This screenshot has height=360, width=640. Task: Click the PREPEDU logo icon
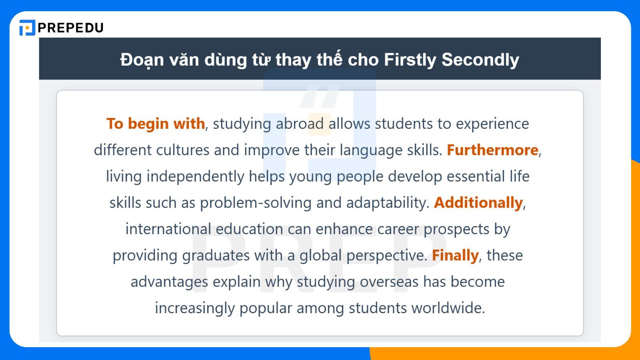(x=27, y=28)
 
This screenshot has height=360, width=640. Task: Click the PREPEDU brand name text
(x=70, y=28)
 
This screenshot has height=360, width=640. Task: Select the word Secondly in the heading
(x=480, y=60)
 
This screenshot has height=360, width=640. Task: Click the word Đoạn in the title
(x=142, y=60)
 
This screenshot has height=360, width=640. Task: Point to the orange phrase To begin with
(x=156, y=124)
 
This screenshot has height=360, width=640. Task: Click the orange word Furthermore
(x=492, y=150)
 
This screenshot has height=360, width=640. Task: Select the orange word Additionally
(x=478, y=203)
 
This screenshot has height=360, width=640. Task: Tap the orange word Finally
(x=455, y=256)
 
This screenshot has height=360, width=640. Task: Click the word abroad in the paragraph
(x=300, y=124)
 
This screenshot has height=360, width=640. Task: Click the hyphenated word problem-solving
(x=256, y=203)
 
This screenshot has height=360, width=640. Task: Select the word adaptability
(x=388, y=203)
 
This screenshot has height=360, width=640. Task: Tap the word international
(x=168, y=229)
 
